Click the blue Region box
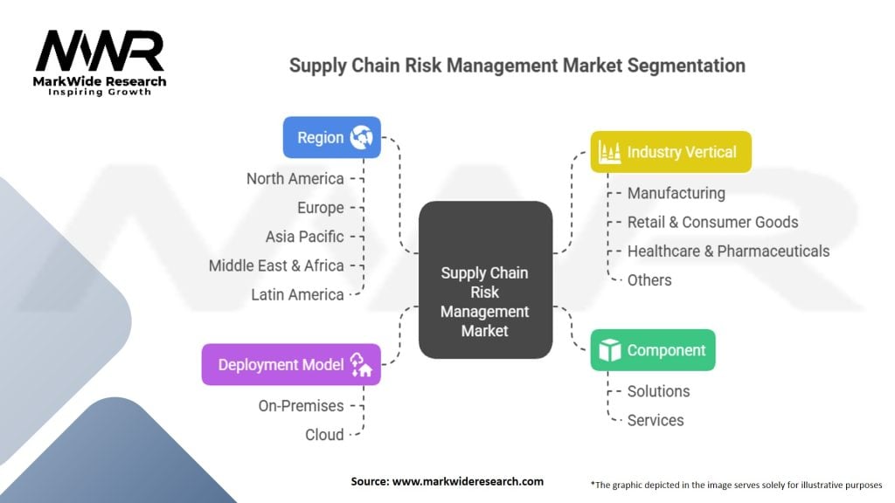point(331,137)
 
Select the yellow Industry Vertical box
point(670,152)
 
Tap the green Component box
point(652,350)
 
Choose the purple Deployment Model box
point(291,364)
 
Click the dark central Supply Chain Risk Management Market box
point(485,279)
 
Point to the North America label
point(295,179)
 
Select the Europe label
point(320,208)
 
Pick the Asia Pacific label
point(304,237)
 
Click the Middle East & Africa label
point(276,265)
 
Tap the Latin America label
point(297,295)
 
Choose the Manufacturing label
point(676,193)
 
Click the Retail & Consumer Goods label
point(713,222)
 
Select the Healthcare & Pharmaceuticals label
point(728,251)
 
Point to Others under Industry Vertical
point(649,280)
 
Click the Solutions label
point(659,391)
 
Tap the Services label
point(656,420)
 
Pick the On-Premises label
point(301,406)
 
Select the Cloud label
point(324,435)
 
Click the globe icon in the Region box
point(361,137)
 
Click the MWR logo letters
point(100,51)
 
